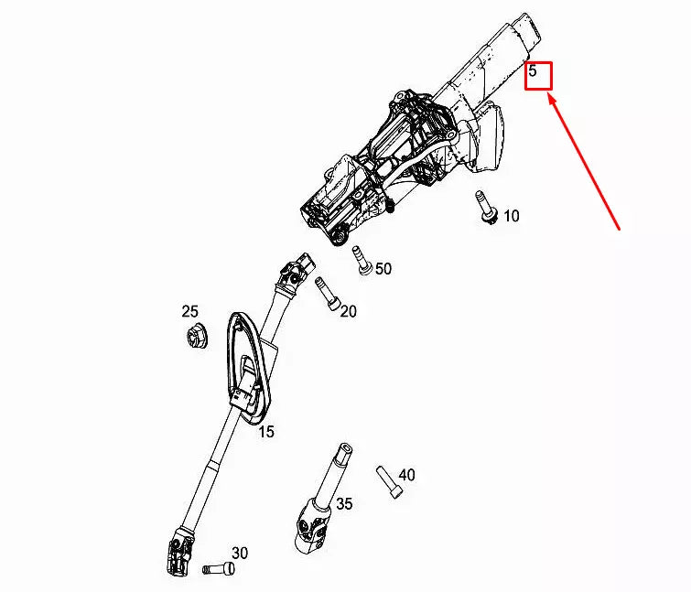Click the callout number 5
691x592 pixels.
[x=533, y=70]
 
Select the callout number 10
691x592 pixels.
[x=511, y=216]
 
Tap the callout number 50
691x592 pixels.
[x=383, y=268]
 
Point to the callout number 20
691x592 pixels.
[x=348, y=311]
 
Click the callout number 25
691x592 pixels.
[x=189, y=312]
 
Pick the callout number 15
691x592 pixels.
[x=265, y=431]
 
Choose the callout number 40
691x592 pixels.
[x=406, y=475]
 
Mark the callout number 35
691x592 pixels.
[x=344, y=503]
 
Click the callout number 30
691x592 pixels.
[x=239, y=553]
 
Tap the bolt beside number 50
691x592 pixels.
[x=362, y=261]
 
